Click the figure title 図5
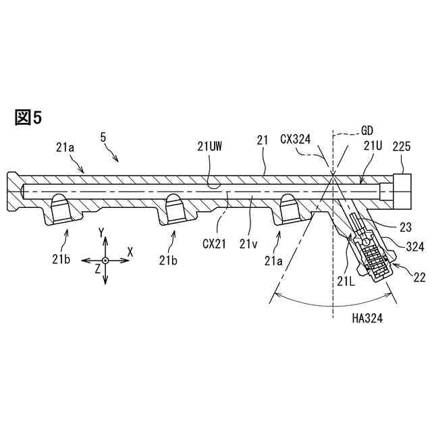point(28,117)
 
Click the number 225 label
point(402,145)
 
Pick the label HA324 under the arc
point(367,319)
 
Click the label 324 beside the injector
point(414,248)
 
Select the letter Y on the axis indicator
point(101,233)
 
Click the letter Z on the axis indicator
point(97,268)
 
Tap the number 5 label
point(103,138)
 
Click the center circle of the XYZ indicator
point(105,260)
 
